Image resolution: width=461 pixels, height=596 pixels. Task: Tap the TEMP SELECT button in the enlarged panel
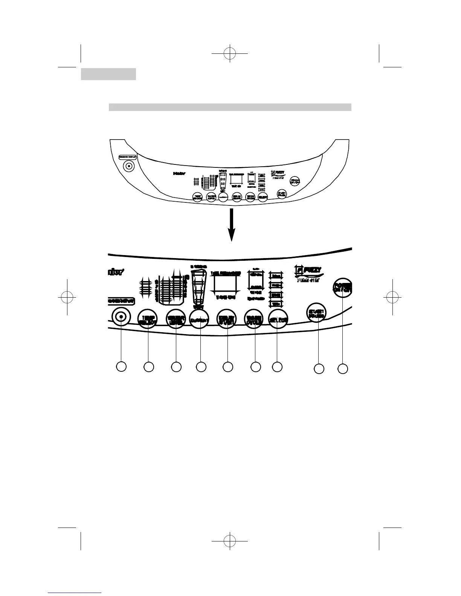tap(148, 319)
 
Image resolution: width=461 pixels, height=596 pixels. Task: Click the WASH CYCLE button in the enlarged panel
tap(255, 319)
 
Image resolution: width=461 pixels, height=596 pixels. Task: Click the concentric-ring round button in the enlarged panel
tap(121, 317)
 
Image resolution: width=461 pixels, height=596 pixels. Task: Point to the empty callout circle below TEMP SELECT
tap(149, 367)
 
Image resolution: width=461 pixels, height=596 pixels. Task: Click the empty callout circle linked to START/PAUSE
tap(319, 369)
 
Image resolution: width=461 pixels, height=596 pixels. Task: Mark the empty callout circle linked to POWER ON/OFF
tap(342, 369)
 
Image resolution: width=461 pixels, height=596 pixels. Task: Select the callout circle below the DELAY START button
tap(227, 367)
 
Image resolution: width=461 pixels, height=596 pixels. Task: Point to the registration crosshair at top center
tap(229, 53)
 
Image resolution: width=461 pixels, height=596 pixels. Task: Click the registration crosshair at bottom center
tap(229, 541)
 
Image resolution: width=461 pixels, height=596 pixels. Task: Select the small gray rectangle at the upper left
tap(108, 74)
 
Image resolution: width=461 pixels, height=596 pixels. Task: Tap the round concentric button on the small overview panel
tap(130, 166)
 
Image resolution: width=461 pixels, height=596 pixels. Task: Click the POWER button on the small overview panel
tap(295, 181)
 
